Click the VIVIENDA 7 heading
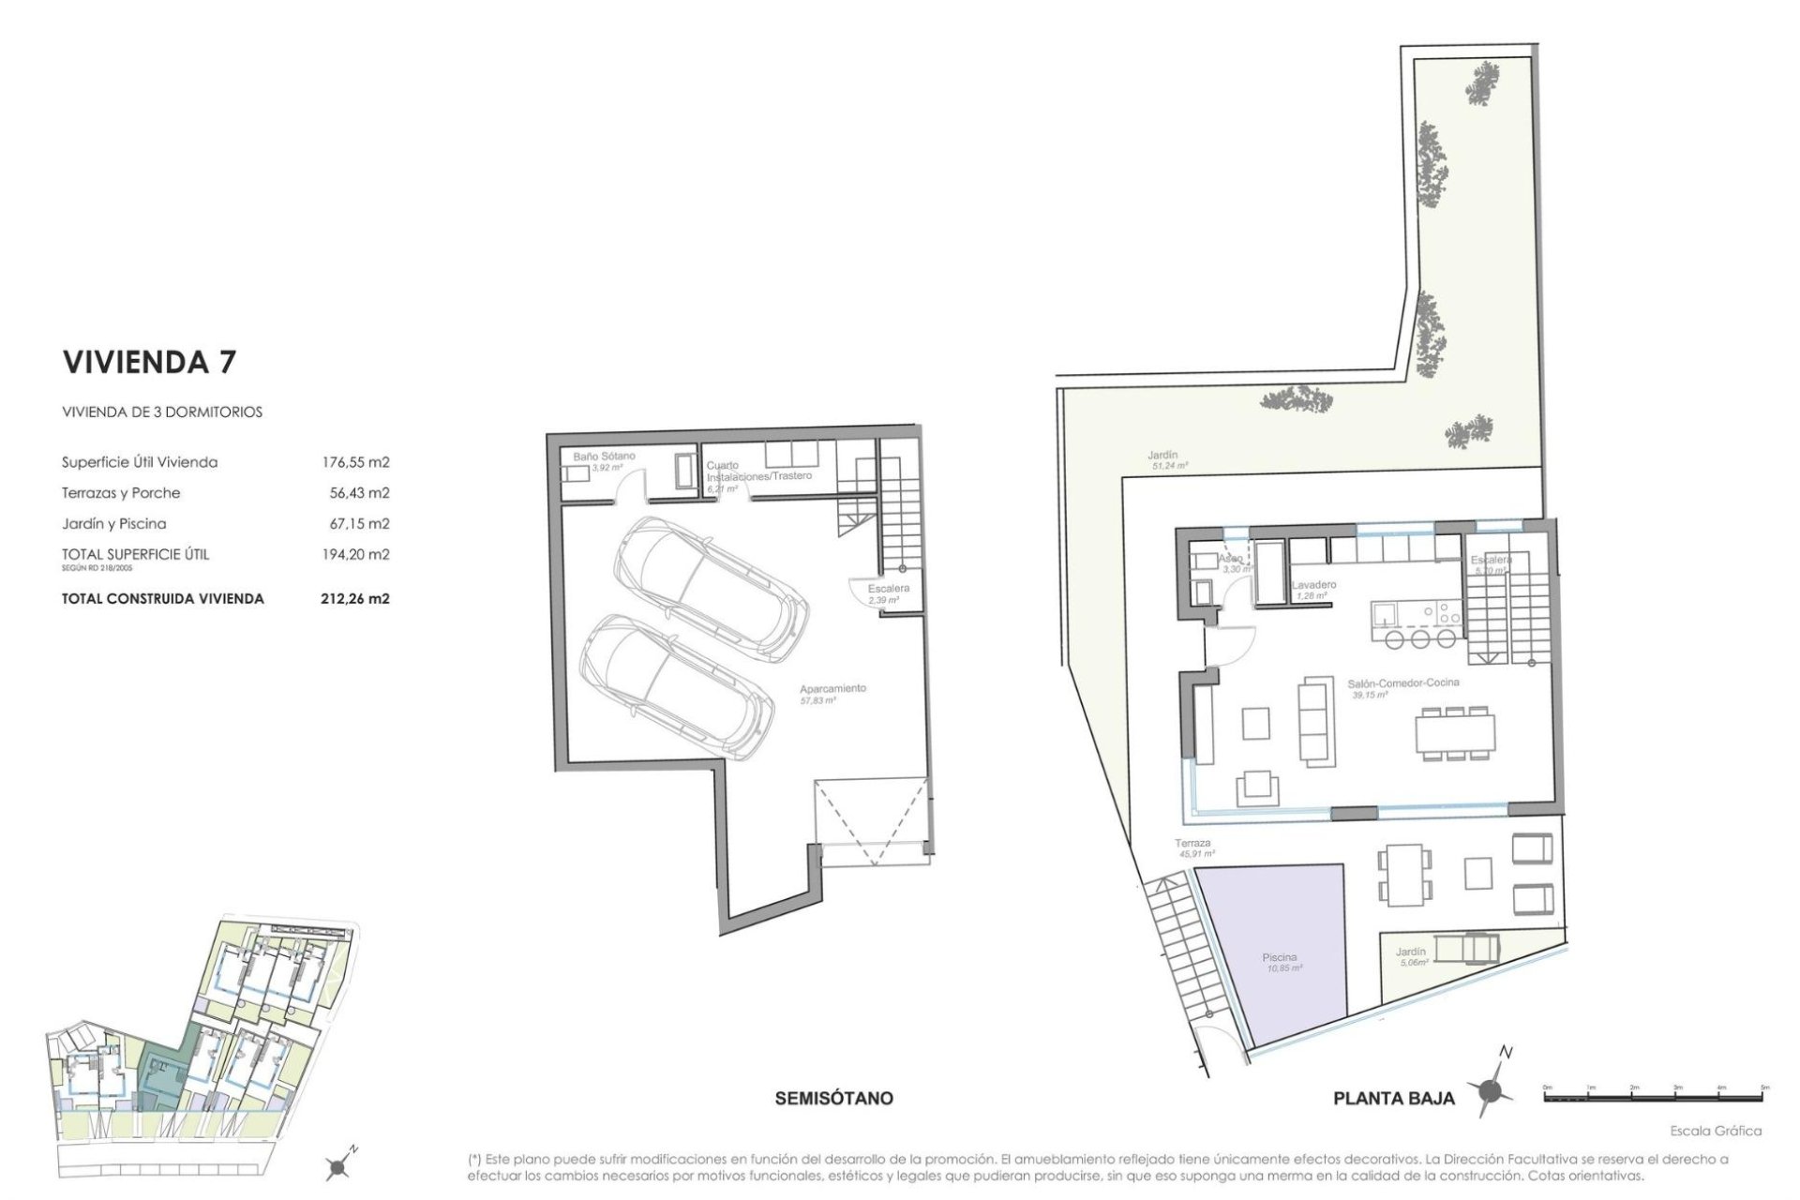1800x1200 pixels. coord(149,363)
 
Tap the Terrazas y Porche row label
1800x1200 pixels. coord(121,493)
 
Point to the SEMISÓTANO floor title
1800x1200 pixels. coord(833,1098)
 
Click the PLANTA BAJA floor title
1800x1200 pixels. coord(1393,1099)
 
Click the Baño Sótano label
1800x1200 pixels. coord(604,457)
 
